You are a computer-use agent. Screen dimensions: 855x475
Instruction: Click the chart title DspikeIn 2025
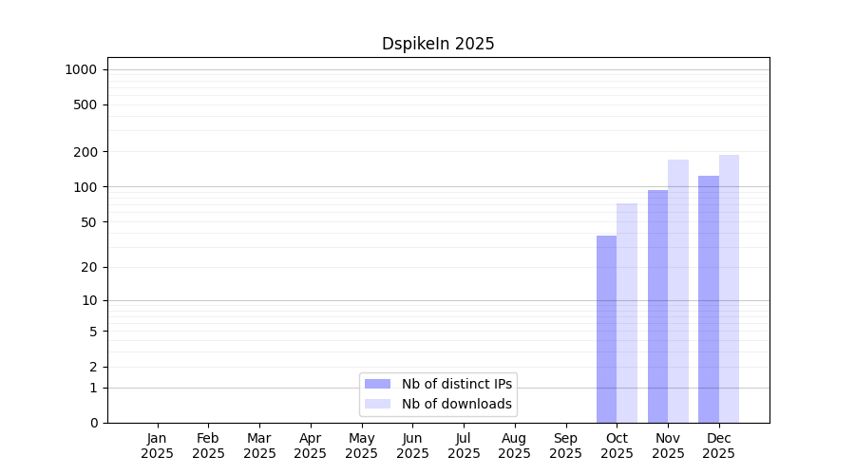point(438,44)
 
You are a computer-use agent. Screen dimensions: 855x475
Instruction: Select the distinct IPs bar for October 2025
point(606,330)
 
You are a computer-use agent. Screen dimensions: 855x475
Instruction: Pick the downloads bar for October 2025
point(627,313)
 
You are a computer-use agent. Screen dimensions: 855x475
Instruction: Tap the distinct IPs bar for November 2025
point(657,307)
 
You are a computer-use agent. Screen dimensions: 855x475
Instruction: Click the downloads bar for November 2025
point(678,292)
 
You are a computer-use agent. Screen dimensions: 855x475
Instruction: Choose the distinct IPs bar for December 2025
point(709,299)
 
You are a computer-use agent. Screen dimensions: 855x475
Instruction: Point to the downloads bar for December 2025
point(729,289)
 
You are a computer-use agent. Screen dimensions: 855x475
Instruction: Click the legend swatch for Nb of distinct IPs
point(377,384)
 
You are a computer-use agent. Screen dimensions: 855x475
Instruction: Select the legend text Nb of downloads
point(457,404)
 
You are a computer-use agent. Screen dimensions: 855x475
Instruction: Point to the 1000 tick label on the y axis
point(81,69)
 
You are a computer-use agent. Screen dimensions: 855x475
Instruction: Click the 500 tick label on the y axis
point(85,104)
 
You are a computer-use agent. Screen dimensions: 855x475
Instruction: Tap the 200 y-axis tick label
point(85,152)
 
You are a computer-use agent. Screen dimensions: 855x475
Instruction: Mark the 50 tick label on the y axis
point(89,222)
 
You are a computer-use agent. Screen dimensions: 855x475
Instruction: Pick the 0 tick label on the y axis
point(94,423)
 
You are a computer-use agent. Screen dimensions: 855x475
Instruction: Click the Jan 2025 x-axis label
point(157,446)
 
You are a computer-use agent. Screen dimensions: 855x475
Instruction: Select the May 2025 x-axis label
point(362,446)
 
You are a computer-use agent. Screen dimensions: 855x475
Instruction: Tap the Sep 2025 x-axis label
point(565,446)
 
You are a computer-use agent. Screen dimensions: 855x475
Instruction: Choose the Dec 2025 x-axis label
point(719,446)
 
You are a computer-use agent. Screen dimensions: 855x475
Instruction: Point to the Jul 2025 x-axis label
point(464,446)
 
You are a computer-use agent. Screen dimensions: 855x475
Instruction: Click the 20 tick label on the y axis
point(89,267)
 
